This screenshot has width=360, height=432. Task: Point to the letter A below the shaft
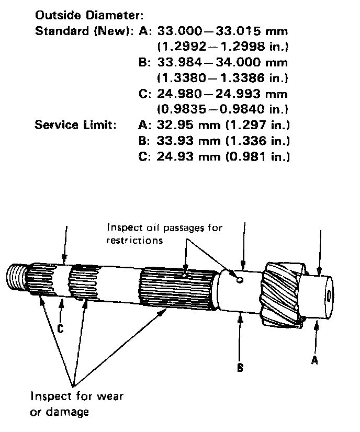point(314,360)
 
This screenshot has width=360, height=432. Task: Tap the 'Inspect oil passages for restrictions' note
point(164,234)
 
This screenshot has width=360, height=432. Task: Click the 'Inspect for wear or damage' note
point(77,404)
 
